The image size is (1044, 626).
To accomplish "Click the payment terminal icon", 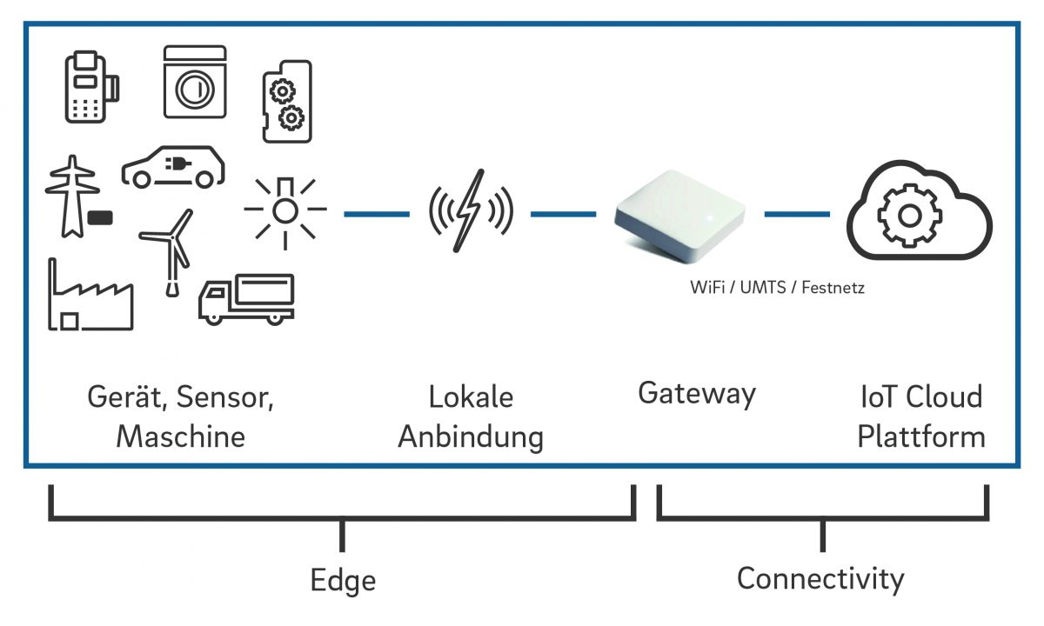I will pyautogui.click(x=90, y=87).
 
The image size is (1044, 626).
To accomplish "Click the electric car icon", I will pyautogui.click(x=172, y=167).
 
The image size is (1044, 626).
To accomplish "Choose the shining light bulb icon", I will pyautogui.click(x=284, y=210).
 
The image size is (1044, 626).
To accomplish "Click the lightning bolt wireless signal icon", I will pyautogui.click(x=471, y=210).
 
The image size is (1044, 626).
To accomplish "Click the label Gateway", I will pyautogui.click(x=697, y=394).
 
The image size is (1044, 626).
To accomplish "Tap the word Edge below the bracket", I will pyautogui.click(x=344, y=580).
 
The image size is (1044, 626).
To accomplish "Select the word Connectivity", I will pyautogui.click(x=820, y=578).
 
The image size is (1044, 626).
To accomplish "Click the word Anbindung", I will pyautogui.click(x=471, y=436).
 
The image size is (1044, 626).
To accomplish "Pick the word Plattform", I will pyautogui.click(x=921, y=436).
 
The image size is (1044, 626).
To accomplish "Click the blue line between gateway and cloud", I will pyautogui.click(x=797, y=213).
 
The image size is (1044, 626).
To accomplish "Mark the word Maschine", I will pyautogui.click(x=181, y=436).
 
